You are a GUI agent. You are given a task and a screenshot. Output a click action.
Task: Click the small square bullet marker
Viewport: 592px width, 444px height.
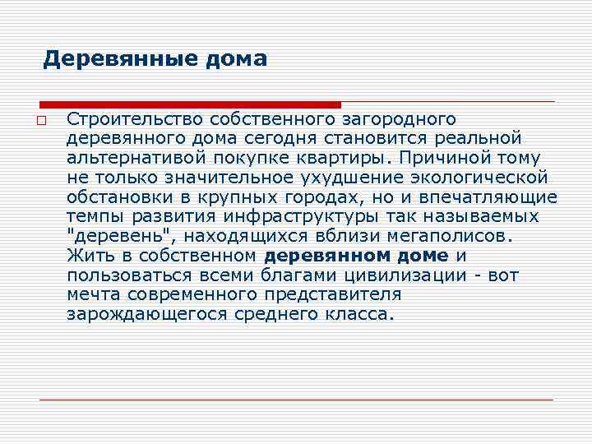click(40, 121)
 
